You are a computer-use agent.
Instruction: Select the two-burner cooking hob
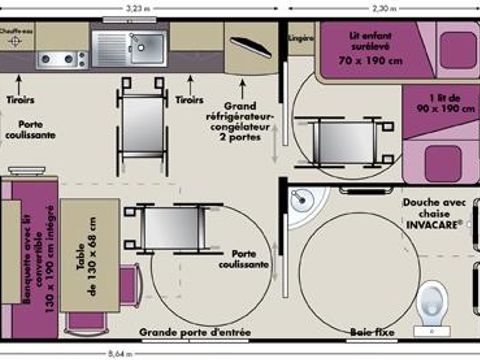pos(59,59)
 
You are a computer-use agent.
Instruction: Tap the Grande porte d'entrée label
pos(195,331)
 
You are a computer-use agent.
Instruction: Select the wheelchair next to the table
pos(167,226)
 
